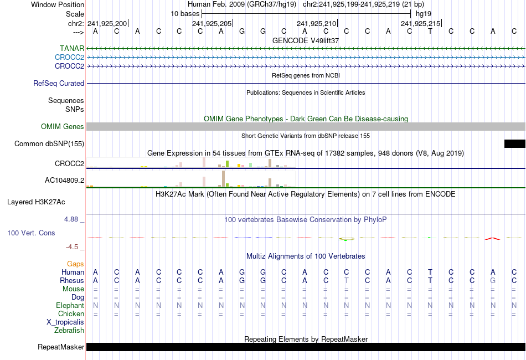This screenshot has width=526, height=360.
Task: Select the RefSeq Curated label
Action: point(59,84)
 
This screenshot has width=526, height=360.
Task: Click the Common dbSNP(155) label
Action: point(49,144)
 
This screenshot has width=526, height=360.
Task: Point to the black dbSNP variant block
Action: point(514,144)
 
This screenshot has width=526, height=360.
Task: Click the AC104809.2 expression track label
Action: point(64,181)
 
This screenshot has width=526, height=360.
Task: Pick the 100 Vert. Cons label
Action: point(31,233)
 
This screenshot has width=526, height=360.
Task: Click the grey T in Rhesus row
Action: point(346,281)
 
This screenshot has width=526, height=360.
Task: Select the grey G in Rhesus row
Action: point(493,281)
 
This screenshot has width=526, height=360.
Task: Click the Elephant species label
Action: point(70,306)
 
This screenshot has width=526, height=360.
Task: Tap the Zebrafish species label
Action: point(69,331)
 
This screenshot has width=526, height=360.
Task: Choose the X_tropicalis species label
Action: point(65,322)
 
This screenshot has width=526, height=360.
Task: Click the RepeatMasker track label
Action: point(61,347)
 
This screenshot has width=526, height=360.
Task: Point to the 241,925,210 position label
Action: point(316,23)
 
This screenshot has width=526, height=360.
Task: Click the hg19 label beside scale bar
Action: point(423,13)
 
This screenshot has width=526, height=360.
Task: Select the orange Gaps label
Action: point(75,264)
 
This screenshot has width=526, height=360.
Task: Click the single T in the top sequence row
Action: point(430,31)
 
